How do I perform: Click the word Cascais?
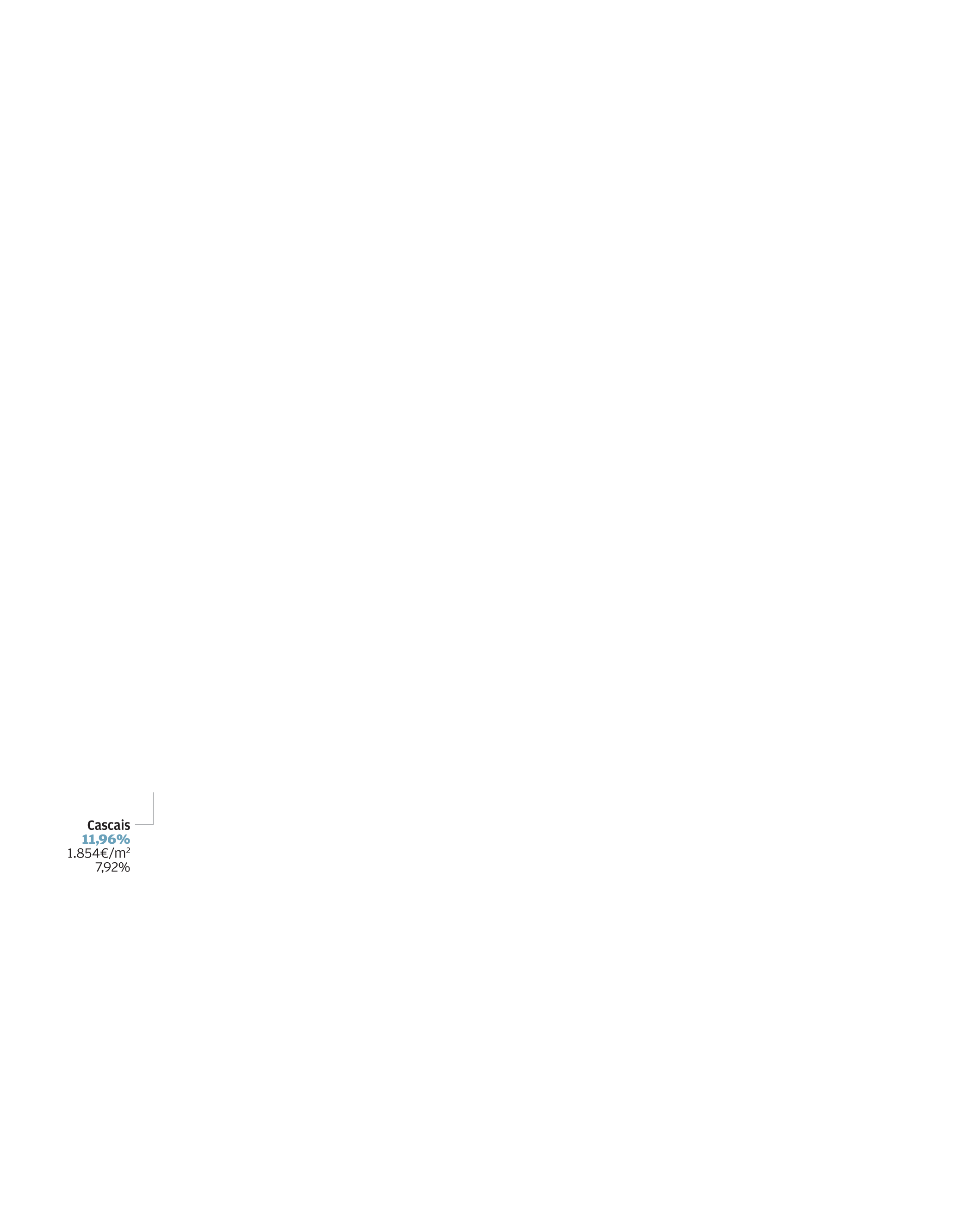tap(108, 825)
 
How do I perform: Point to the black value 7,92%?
tap(112, 867)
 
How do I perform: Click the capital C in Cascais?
tap(91, 825)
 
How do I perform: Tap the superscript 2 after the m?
tap(128, 850)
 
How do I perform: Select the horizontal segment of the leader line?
tap(144, 824)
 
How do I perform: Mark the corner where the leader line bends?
tap(153, 824)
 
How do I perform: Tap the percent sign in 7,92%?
tap(124, 867)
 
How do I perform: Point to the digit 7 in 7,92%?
tap(98, 867)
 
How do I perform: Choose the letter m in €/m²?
tap(120, 854)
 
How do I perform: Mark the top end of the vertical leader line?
tap(153, 792)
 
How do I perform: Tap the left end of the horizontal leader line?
tap(135, 824)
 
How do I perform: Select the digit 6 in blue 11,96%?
tap(112, 839)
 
